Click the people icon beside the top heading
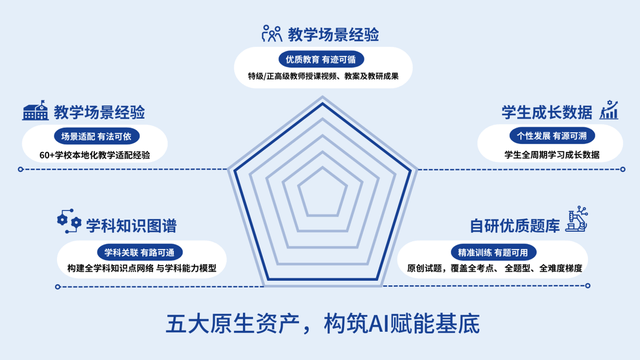pos(272,33)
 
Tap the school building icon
pos(35,110)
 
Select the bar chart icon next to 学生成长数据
pos(609,110)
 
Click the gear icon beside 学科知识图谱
pos(69,221)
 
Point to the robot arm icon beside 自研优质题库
pos(577,219)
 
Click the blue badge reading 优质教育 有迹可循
pos(321,60)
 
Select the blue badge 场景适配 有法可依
pos(96,136)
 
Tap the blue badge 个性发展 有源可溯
pos(552,136)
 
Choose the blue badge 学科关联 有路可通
pos(140,253)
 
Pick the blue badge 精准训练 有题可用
pos(493,253)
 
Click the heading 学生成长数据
pos(547,112)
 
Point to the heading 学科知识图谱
pos(131,226)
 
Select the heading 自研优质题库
pos(515,226)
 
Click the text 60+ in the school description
pos(47,156)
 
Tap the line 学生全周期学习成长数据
pos(552,155)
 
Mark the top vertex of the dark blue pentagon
pos(322,103)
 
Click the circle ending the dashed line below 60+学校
pos(20,169)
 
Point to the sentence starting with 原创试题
pos(494,268)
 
